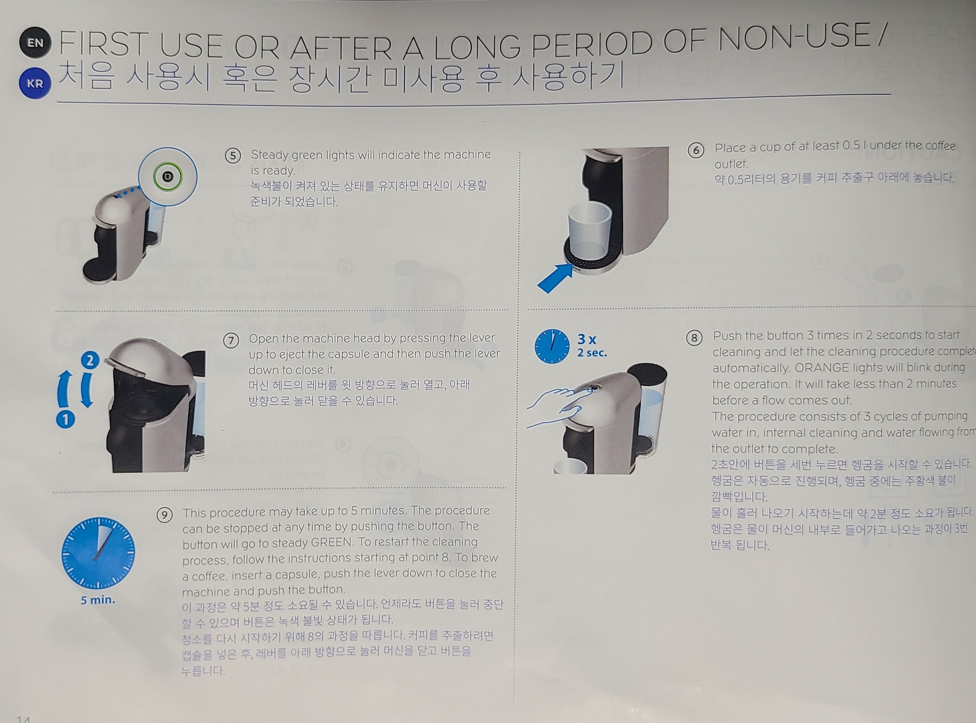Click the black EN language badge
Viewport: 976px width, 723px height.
(35, 43)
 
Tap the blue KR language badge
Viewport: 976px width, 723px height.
(35, 83)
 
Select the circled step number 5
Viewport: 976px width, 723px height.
(233, 156)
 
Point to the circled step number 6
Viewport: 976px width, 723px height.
(695, 150)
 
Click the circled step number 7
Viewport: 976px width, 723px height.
(231, 340)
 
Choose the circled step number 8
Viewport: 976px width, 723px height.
(694, 338)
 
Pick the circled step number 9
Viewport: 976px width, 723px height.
(165, 515)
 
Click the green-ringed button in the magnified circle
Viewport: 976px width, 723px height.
(168, 177)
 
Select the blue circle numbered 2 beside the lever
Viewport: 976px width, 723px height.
(90, 360)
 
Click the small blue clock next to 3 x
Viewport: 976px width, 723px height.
(552, 346)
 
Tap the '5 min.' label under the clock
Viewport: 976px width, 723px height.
(98, 600)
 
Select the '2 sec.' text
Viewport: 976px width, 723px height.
(592, 353)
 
